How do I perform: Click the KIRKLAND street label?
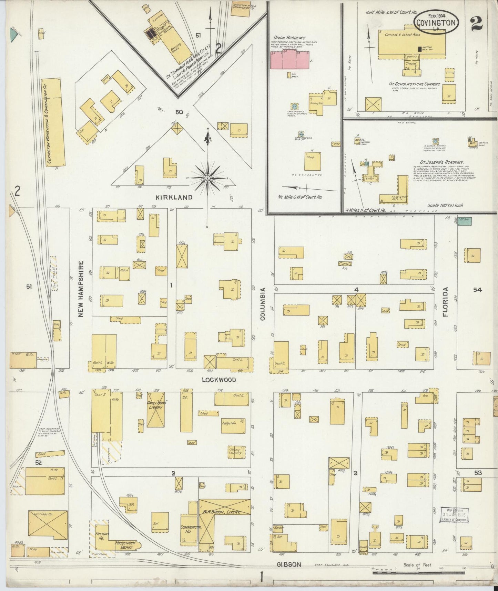point(174,197)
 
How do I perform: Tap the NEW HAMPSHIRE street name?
point(81,289)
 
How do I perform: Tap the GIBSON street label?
point(289,564)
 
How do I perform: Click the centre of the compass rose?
point(208,178)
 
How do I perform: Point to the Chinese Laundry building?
point(236,452)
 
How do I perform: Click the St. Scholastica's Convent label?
point(419,84)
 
